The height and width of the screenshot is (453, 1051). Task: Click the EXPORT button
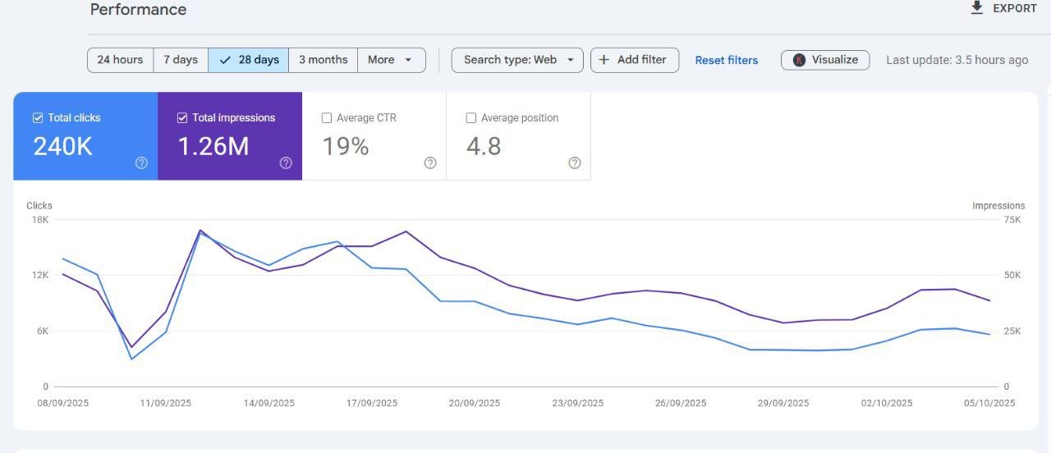(x=1003, y=8)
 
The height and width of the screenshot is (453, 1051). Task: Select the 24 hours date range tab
(x=120, y=60)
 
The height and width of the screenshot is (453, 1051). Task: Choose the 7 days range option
(x=181, y=60)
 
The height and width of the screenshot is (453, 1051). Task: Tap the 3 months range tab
(x=324, y=60)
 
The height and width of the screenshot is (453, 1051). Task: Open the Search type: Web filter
(x=517, y=60)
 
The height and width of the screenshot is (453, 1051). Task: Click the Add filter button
(x=635, y=60)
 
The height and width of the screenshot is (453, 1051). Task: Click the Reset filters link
(x=727, y=61)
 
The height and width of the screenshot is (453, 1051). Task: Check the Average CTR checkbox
(x=327, y=117)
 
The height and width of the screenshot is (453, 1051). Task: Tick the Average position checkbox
(x=470, y=117)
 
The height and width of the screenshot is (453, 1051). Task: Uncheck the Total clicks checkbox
(x=38, y=117)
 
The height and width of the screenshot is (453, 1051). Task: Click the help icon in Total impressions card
(x=286, y=162)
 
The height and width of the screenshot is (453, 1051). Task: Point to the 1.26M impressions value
(x=213, y=146)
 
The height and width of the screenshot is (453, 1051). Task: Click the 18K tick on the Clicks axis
(x=40, y=219)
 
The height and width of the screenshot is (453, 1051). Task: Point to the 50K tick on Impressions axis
(x=1012, y=275)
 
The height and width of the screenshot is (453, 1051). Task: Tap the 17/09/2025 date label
(x=372, y=403)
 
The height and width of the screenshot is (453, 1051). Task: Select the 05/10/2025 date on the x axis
(x=989, y=403)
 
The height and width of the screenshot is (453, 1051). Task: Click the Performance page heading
(x=138, y=9)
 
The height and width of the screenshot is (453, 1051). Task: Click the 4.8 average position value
(x=484, y=146)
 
